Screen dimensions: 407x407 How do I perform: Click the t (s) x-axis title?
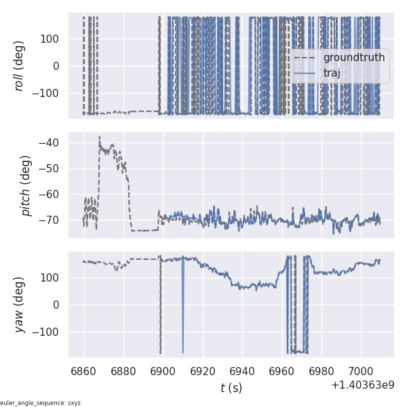coord(231,388)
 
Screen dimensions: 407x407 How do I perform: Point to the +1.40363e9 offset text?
coord(363,385)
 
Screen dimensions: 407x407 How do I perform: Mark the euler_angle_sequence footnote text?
coord(41,403)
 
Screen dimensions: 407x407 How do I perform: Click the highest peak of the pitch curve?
coord(99,136)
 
